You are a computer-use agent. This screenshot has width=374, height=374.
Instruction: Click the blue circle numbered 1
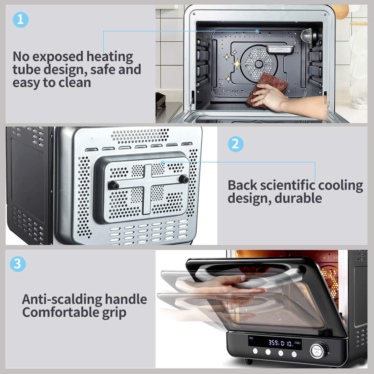(x=21, y=19)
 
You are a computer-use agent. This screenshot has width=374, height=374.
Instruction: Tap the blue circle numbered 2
(x=236, y=144)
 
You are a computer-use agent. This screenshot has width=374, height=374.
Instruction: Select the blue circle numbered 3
(x=18, y=264)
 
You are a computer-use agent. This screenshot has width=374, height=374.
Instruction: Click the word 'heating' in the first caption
(x=110, y=57)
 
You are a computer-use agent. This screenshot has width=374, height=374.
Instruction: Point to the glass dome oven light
(x=307, y=36)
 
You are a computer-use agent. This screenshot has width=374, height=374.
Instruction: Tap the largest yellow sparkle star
(x=237, y=64)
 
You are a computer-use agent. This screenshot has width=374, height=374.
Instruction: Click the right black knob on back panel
(x=185, y=179)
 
